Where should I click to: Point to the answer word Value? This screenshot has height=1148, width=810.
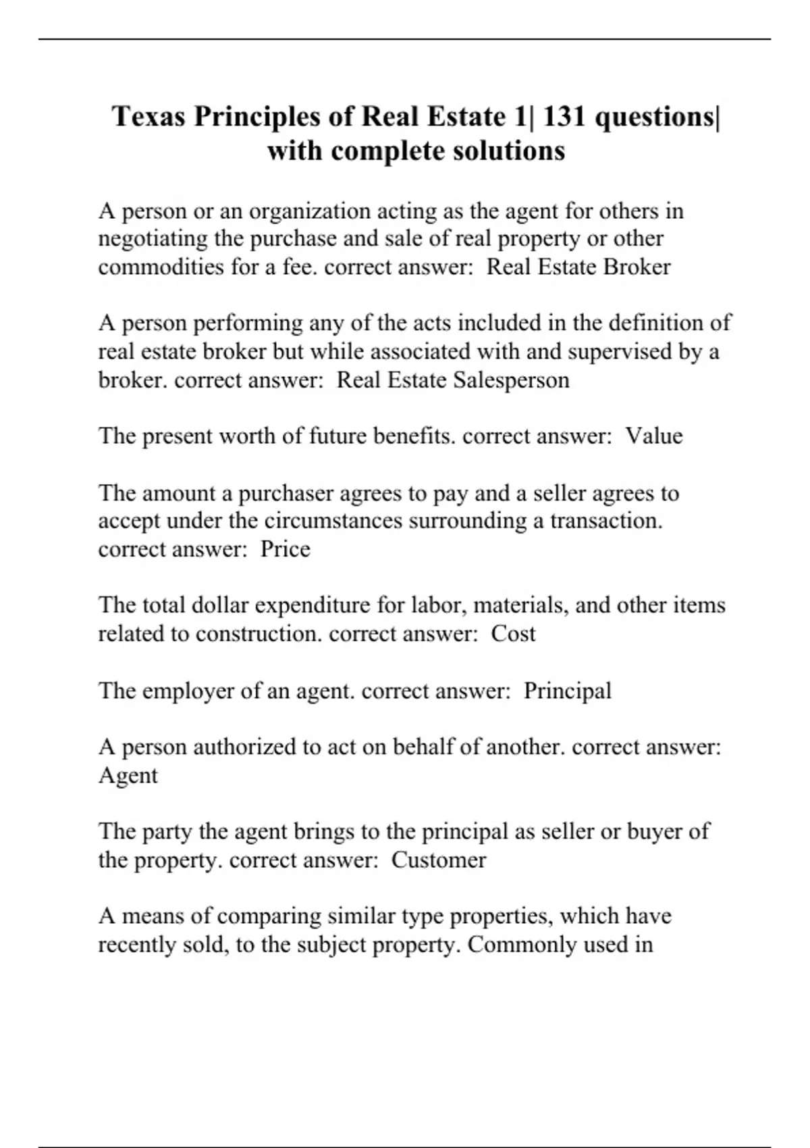653,436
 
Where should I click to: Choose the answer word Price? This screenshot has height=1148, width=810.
286,549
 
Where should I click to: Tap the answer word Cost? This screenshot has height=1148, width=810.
513,633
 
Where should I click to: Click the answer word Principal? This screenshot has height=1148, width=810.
568,690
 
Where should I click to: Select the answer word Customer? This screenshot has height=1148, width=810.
439,860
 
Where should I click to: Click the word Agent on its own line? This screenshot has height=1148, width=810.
128,775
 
